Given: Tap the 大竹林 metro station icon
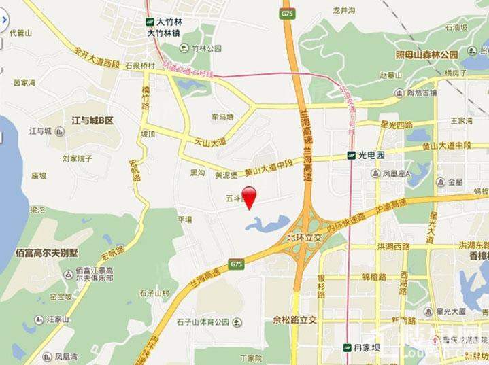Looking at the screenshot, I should pyautogui.click(x=150, y=21).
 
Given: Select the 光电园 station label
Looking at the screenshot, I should pyautogui.click(x=371, y=155).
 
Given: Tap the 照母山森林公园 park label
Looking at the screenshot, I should pyautogui.click(x=427, y=54).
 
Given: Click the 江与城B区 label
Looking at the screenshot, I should pyautogui.click(x=92, y=120).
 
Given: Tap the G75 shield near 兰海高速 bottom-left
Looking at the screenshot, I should pyautogui.click(x=236, y=264).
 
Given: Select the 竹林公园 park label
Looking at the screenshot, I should pyautogui.click(x=207, y=48).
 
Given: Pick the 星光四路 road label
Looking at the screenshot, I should pyautogui.click(x=397, y=125).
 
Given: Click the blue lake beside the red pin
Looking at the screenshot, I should pyautogui.click(x=267, y=223).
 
